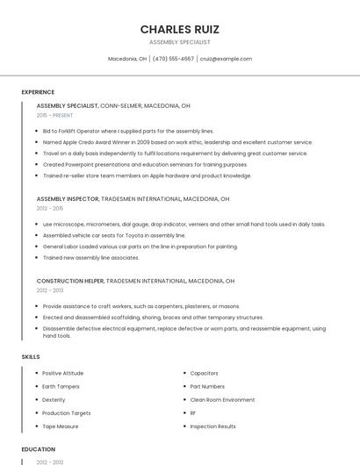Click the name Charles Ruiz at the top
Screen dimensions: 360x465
179,29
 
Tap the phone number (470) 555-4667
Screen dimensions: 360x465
173,59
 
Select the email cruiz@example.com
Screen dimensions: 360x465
226,59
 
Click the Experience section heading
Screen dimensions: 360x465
38,92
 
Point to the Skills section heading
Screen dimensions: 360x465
31,357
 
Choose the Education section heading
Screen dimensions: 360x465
38,449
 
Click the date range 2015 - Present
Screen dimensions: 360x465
54,115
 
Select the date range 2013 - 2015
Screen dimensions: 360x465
50,209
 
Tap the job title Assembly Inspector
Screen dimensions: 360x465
68,199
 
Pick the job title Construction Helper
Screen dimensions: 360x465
69,281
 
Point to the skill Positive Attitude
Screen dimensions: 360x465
62,373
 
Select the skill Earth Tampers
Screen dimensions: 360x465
61,386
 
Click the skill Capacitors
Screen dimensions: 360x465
204,373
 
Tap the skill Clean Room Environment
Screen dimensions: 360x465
222,399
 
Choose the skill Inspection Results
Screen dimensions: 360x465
212,426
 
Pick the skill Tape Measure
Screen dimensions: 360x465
60,426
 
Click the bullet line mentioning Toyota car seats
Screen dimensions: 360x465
114,235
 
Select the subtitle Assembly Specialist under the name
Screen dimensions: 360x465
179,41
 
